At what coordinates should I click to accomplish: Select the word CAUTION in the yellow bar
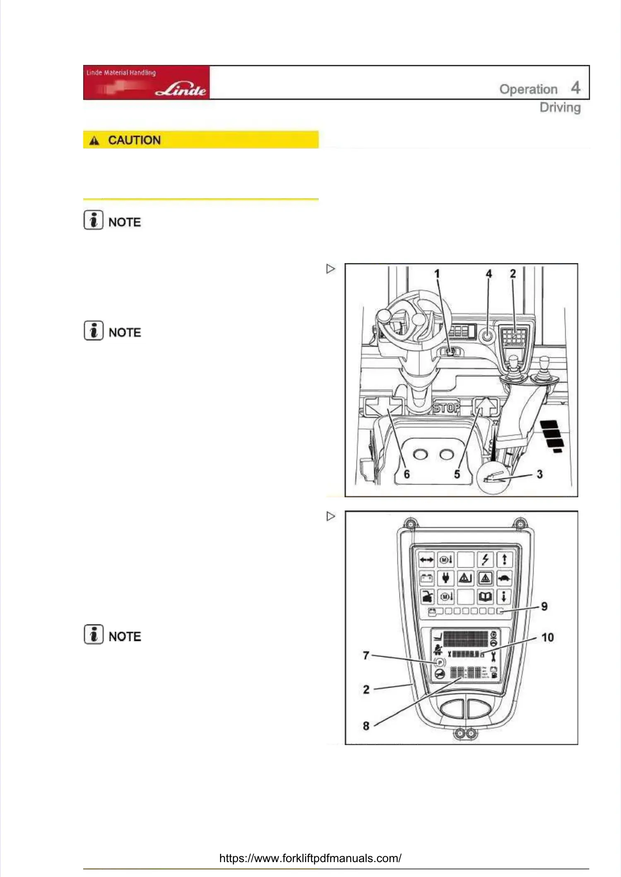(134, 140)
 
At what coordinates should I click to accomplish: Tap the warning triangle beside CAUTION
(94, 141)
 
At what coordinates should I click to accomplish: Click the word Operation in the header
(528, 89)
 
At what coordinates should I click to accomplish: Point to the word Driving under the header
(560, 108)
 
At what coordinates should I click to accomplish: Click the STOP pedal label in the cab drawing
(446, 408)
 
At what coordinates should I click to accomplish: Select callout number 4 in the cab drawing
(489, 274)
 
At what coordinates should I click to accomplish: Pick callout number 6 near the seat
(407, 474)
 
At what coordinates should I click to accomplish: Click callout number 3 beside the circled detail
(539, 474)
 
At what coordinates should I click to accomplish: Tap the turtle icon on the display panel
(504, 578)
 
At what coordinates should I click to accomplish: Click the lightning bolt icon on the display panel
(485, 560)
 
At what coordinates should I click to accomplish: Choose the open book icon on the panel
(485, 597)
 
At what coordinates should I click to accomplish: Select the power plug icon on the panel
(445, 578)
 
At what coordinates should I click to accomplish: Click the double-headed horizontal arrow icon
(426, 560)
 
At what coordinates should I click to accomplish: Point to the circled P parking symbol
(440, 662)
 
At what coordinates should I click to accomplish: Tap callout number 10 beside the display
(547, 637)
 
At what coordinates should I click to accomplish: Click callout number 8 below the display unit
(366, 726)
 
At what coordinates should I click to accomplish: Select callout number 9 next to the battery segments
(544, 606)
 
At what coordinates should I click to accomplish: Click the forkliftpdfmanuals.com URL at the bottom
(310, 858)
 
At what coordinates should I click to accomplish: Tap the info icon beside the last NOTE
(94, 634)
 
